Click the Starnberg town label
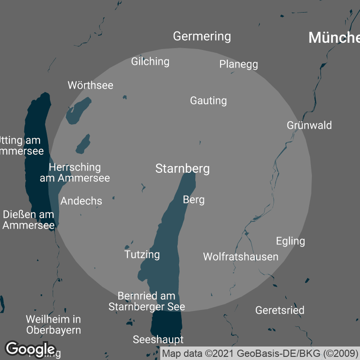coord(182,169)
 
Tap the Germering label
coord(202,36)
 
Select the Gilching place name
coord(150,61)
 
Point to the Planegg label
coord(238,64)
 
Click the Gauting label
coord(208,100)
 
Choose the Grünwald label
coord(309,125)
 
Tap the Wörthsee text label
coord(90,85)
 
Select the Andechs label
coord(81,201)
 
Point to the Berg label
coord(194,199)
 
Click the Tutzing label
coord(142,254)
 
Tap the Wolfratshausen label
coord(241,257)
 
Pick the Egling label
coord(290,241)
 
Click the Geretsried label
coord(279,310)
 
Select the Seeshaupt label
coord(158,339)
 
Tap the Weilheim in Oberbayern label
coord(53,324)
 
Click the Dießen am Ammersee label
coord(29,220)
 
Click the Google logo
coord(30,349)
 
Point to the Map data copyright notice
coord(260,353)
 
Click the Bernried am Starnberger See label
coord(147,301)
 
